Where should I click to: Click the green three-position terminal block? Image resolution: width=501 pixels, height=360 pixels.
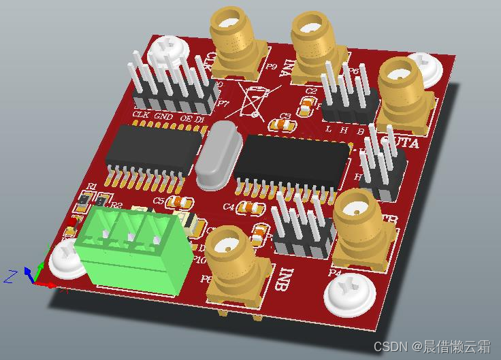coord(129,252)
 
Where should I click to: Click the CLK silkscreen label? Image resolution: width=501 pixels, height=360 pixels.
coord(141,114)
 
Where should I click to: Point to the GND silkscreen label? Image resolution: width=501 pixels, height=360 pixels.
coord(163,116)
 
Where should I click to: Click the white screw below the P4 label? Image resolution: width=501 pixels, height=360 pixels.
coord(352,295)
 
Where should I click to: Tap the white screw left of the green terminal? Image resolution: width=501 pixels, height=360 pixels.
coord(67,259)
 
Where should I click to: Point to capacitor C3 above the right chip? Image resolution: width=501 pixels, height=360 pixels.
coord(281,125)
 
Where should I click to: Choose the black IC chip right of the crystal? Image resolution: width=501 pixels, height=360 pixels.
coord(296,162)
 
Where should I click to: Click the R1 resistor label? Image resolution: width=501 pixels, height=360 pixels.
coord(91,186)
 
